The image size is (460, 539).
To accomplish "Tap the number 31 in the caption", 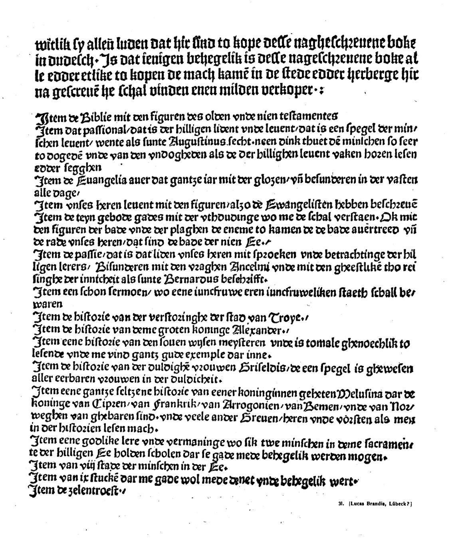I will tap(337, 504).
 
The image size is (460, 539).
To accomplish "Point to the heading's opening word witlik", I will tap(52, 44).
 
